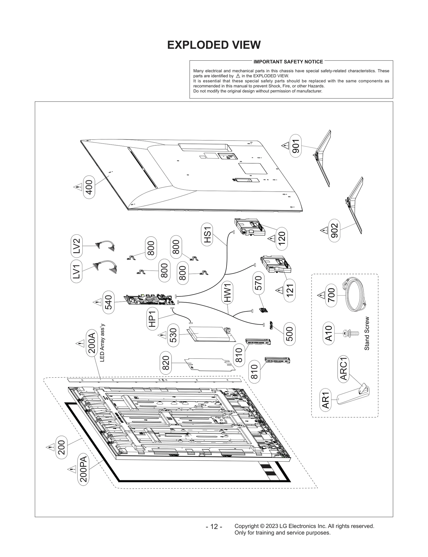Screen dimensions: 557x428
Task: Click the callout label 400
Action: [89, 187]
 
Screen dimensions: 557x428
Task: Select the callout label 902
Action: [334, 231]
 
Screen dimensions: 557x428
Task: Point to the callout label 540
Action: [108, 302]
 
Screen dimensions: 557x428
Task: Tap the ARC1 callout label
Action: [343, 369]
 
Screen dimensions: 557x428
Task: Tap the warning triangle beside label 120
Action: [272, 238]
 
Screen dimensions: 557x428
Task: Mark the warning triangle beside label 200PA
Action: [72, 469]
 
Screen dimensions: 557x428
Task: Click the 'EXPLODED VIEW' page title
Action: [214, 45]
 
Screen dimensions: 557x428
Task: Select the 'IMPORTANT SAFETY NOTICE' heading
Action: [288, 62]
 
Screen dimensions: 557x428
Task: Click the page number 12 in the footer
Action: [214, 526]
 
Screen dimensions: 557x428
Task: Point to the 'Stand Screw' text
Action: [367, 333]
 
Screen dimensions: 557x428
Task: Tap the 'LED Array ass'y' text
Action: [102, 343]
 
